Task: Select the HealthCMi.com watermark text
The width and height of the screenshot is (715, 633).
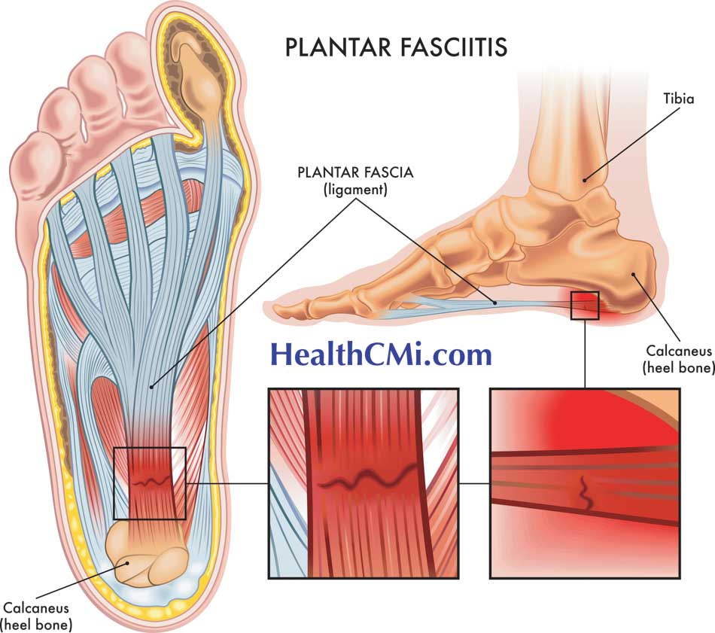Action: click(381, 353)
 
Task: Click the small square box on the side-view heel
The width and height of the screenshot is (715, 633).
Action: click(585, 305)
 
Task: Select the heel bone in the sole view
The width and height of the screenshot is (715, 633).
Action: click(147, 561)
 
